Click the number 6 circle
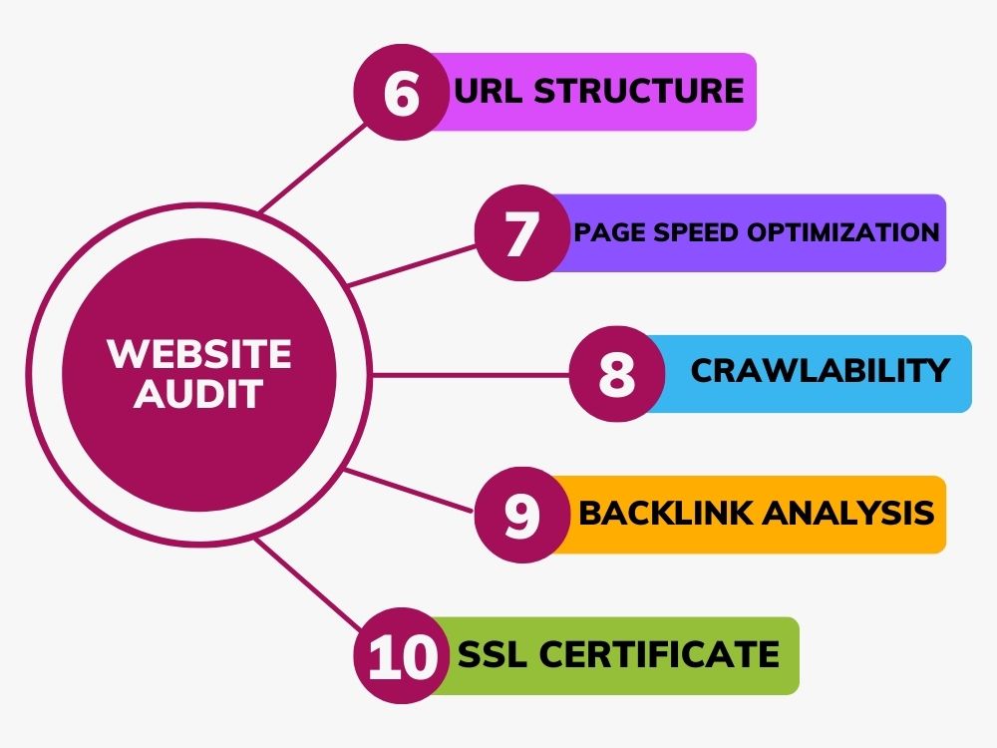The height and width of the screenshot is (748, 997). (402, 92)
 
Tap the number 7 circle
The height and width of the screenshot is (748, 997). (522, 233)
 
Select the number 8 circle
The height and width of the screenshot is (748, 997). (617, 374)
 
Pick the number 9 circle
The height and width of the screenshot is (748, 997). (522, 515)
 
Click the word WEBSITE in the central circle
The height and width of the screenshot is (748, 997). (199, 353)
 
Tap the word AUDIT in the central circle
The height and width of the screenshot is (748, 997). (198, 393)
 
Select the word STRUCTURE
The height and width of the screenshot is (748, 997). (639, 91)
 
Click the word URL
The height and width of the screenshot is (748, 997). (490, 91)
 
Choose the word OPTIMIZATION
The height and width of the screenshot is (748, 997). (843, 232)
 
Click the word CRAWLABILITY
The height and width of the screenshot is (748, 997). (821, 370)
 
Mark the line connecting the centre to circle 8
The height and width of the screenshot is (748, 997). (471, 375)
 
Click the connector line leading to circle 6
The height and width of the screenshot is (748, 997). (313, 168)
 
